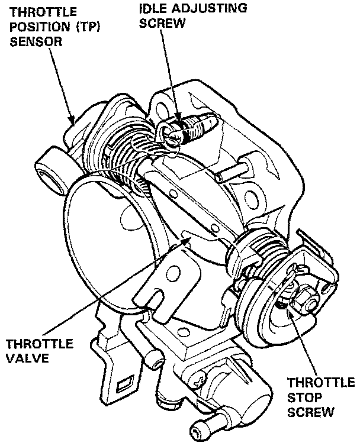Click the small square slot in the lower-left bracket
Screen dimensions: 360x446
point(127,385)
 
